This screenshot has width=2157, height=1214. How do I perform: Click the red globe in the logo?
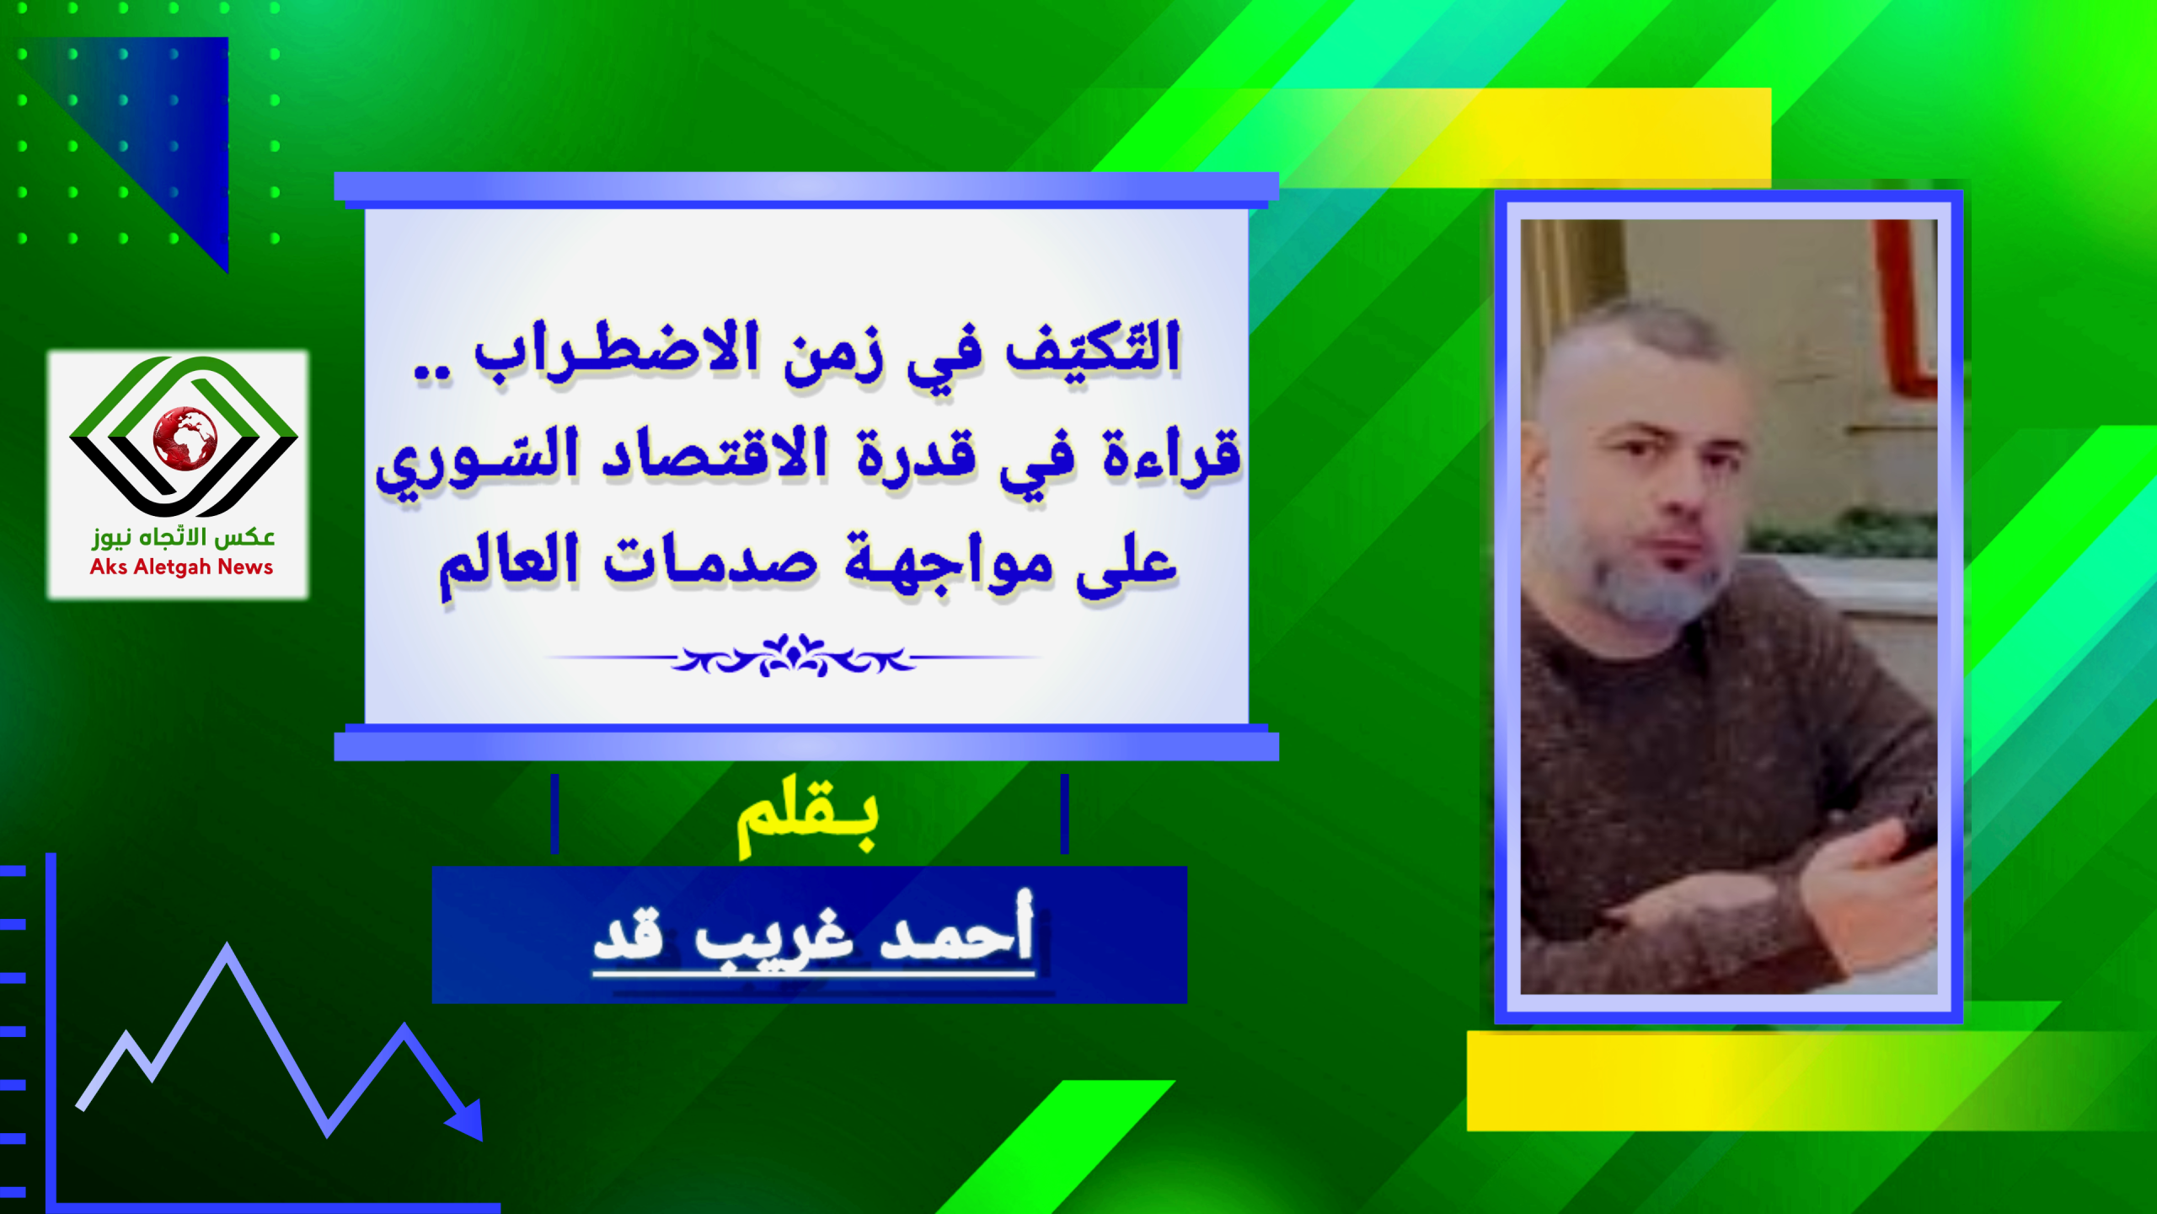tap(185, 438)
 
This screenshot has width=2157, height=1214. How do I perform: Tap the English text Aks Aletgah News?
tap(181, 567)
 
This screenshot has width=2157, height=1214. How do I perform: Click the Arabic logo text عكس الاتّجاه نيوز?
tap(184, 537)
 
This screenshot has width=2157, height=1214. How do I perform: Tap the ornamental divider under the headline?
tap(792, 656)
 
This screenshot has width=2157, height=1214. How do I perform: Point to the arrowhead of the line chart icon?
tap(466, 1120)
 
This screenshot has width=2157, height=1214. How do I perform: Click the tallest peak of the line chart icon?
tap(227, 948)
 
